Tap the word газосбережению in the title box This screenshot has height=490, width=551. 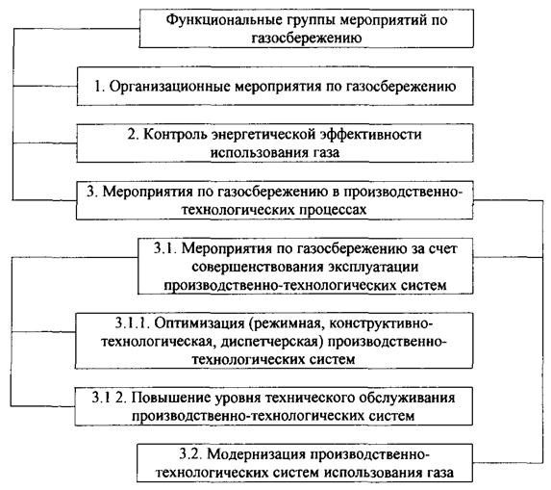pyautogui.click(x=307, y=38)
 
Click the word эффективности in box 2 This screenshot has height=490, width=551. pyautogui.click(x=371, y=135)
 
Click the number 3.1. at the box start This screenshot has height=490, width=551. pyautogui.click(x=164, y=248)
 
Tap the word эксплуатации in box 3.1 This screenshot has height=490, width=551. pyautogui.click(x=373, y=267)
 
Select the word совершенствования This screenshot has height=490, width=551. pyautogui.click(x=258, y=267)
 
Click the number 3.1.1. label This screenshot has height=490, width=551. pyautogui.click(x=133, y=322)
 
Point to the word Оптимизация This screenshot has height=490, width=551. pyautogui.click(x=199, y=322)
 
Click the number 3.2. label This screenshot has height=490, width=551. pyautogui.click(x=190, y=454)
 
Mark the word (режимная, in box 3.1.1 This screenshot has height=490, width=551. pyautogui.click(x=287, y=322)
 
